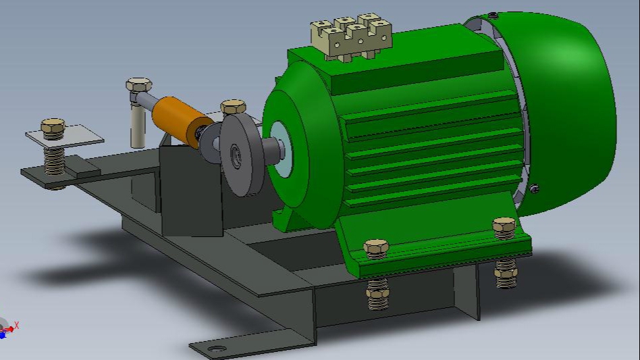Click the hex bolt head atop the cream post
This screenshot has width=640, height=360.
138,86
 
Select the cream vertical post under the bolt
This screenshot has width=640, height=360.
137,125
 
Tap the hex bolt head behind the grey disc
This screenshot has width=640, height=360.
234,107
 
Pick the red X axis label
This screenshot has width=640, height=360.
17,325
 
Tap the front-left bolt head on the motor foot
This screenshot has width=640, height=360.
376,247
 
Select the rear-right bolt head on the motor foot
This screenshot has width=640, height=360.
504,226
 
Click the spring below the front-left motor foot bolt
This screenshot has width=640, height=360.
377,294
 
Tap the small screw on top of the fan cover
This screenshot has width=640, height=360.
494,15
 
